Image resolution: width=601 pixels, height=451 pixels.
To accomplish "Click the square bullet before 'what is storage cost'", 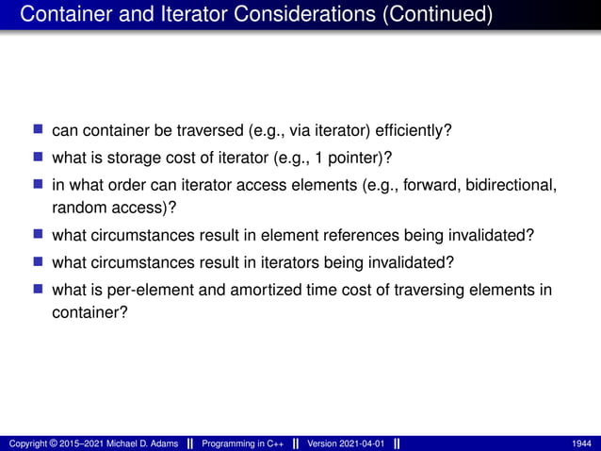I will [x=39, y=155].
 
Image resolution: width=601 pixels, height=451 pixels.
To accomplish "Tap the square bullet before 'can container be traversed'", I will [x=39, y=128].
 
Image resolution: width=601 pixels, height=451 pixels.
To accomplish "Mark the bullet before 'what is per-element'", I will [x=39, y=289].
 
